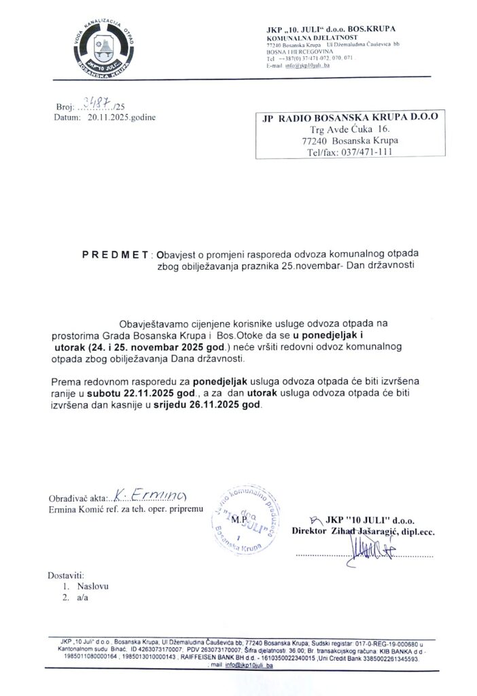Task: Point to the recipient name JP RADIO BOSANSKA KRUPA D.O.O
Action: point(350,117)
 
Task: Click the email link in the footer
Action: point(243,666)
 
